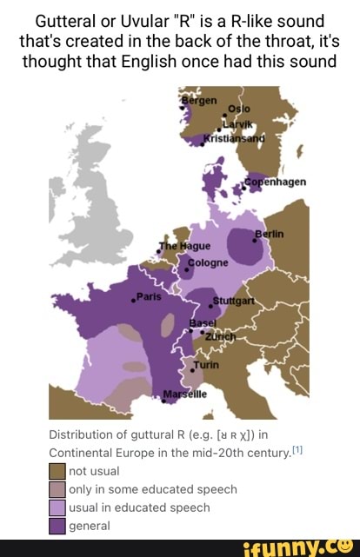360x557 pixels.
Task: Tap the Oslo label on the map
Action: click(x=238, y=109)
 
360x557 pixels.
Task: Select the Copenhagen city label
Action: click(x=276, y=182)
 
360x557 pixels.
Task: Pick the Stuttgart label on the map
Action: click(x=234, y=302)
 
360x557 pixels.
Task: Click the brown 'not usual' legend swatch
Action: click(x=57, y=471)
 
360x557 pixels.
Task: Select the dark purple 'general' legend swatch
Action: click(x=57, y=525)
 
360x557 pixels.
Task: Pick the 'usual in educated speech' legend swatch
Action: click(x=57, y=507)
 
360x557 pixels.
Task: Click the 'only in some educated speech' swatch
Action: click(x=57, y=489)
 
